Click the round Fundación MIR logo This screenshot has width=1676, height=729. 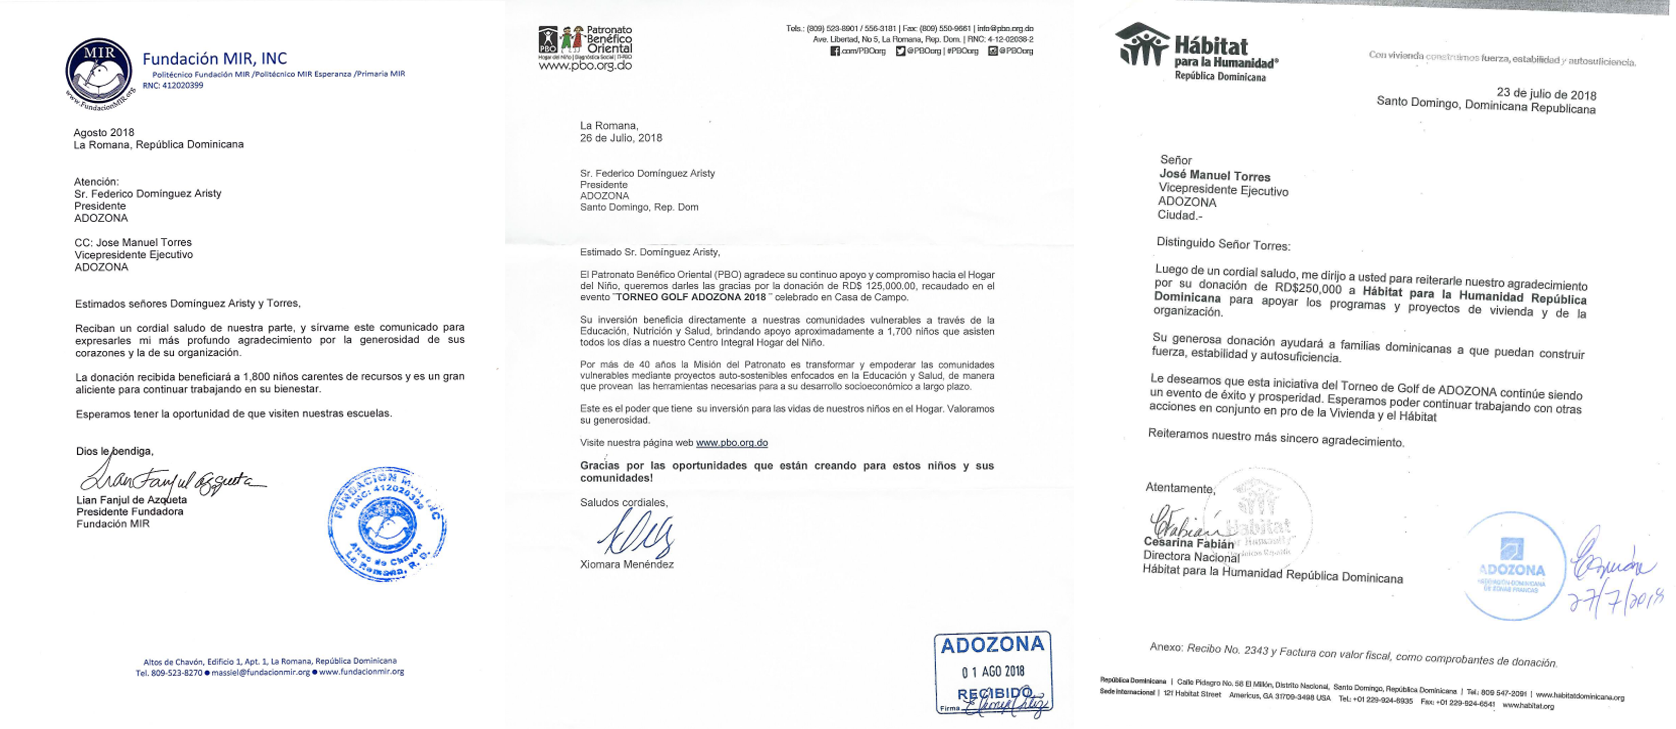coord(99,74)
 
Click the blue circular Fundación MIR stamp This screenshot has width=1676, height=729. coord(387,523)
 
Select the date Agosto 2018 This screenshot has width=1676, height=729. coord(104,133)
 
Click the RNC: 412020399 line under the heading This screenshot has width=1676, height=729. coord(173,85)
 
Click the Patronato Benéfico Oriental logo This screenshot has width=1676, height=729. coord(585,48)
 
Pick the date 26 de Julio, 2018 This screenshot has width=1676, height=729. coord(621,138)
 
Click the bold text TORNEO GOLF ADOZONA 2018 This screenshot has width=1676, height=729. coord(692,298)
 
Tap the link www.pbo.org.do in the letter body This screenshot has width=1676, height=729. coord(731,443)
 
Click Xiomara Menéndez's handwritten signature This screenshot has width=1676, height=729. coord(636,534)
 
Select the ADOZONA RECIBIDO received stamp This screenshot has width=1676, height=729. coord(992,674)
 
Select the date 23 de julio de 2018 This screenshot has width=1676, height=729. coord(1546,94)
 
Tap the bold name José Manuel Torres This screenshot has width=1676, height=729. coord(1215,176)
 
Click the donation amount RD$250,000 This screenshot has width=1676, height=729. coord(1308,288)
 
